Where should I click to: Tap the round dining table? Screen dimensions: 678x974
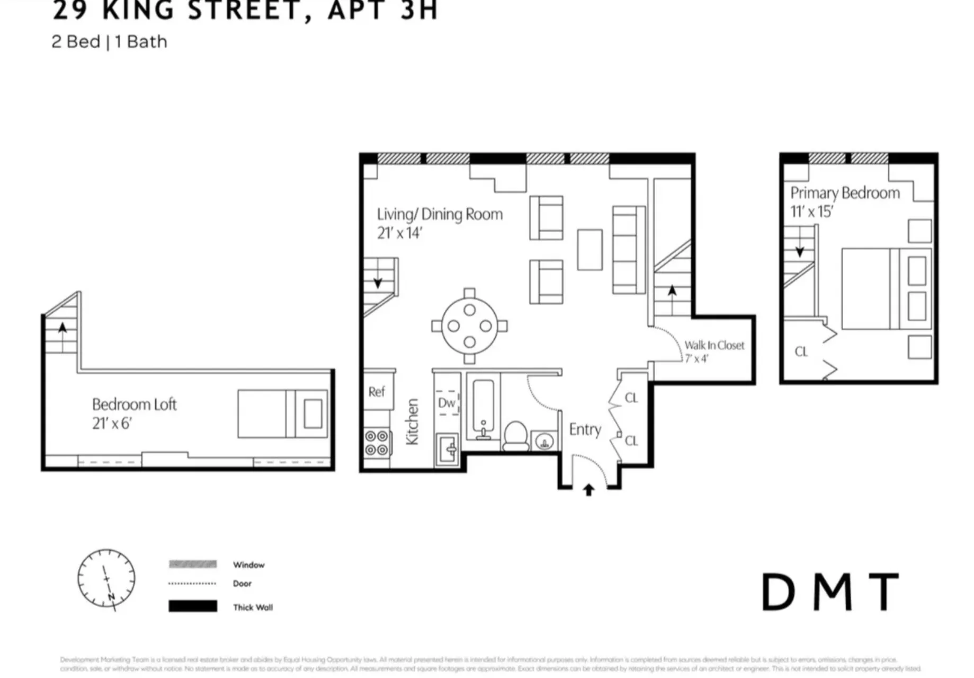[x=469, y=326]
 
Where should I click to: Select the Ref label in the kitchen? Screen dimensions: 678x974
[x=377, y=392]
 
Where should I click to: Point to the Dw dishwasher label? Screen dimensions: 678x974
[x=446, y=403]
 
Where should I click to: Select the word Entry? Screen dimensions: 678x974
[x=585, y=429]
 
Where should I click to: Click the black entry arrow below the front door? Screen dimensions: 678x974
[x=588, y=490]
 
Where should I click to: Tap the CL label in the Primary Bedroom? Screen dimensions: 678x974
[x=801, y=352]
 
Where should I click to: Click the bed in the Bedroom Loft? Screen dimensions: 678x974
[x=282, y=413]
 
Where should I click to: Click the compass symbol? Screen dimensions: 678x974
[x=106, y=578]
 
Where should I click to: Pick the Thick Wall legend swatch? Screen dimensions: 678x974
[x=193, y=606]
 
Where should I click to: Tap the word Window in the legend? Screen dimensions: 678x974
[x=248, y=565]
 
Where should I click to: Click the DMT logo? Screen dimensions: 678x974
[x=830, y=592]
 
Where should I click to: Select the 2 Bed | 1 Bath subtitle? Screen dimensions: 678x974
[x=109, y=42]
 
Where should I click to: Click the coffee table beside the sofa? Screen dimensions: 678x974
[x=589, y=250]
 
